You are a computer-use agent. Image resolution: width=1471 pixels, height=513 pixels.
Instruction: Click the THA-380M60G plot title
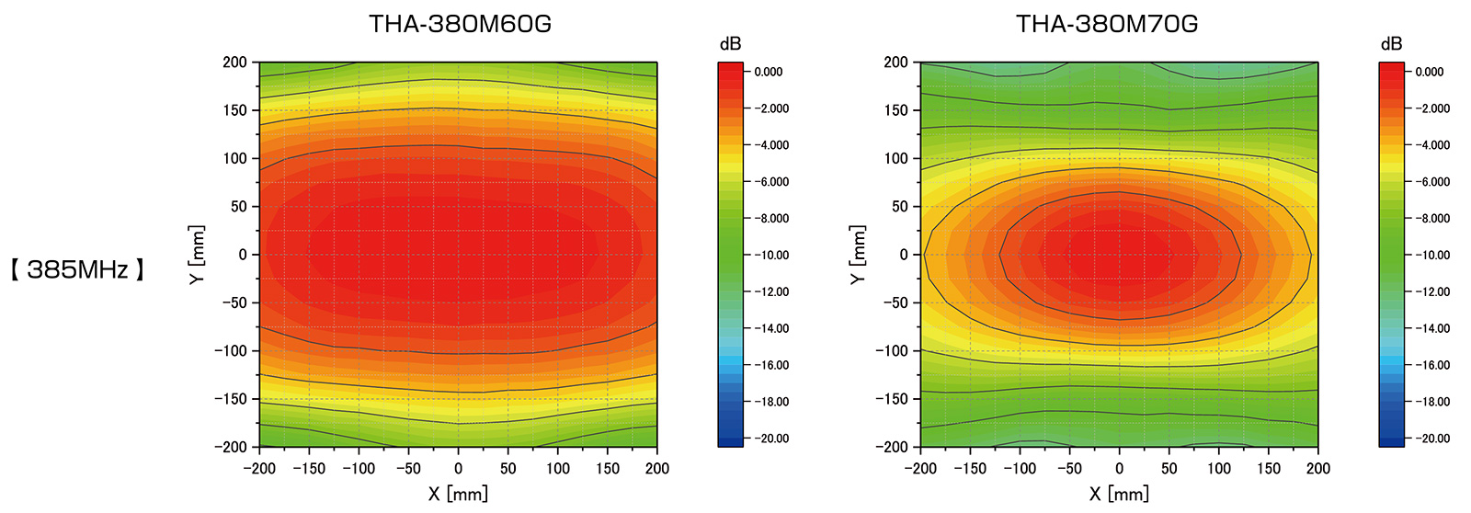click(460, 24)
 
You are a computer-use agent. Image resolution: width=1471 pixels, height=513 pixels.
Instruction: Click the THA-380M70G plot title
click(1107, 24)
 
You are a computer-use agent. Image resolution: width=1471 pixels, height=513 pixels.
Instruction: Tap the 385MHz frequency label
click(78, 269)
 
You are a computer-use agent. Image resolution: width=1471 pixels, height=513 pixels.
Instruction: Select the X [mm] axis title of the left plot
click(458, 494)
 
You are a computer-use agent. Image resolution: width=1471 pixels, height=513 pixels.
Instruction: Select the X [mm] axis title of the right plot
click(1119, 494)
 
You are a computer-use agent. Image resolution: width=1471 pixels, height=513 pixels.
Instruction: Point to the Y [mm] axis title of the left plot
click(197, 255)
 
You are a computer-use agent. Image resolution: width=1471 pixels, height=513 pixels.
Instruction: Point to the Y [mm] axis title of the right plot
click(858, 255)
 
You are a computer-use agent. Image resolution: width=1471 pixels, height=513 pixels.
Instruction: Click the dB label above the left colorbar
click(730, 44)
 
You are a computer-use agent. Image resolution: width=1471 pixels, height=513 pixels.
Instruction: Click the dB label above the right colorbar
click(1391, 44)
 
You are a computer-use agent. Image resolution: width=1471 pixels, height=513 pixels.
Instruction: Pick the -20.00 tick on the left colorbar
click(771, 439)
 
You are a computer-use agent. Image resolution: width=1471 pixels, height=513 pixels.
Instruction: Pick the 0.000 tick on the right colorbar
click(1430, 72)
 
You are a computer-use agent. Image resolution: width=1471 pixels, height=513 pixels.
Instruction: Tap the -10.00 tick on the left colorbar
click(771, 255)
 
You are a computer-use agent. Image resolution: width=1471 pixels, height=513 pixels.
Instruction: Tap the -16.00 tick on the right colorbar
click(1432, 365)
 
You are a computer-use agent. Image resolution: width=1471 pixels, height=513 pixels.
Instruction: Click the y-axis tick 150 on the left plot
click(235, 110)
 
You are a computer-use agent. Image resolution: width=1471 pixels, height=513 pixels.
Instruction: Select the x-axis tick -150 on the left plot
click(309, 468)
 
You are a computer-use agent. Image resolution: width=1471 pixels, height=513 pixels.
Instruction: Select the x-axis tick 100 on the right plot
click(1218, 468)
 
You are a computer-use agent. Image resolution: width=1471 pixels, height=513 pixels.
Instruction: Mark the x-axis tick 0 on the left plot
click(458, 468)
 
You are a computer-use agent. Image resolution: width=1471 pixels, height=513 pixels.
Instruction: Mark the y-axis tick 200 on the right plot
click(896, 63)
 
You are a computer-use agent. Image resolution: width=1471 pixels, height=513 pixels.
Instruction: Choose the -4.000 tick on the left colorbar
click(771, 145)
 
